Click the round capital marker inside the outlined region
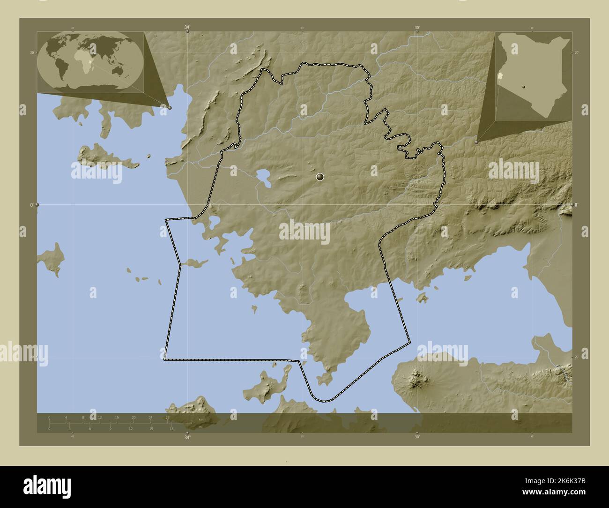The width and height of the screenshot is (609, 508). coord(320,177)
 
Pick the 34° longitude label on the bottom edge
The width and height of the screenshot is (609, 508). coord(187,438)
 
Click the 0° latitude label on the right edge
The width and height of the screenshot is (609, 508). coord(576,205)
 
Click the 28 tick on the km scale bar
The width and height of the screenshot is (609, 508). coord(168,417)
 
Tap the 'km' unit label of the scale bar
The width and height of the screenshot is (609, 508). coord(201,419)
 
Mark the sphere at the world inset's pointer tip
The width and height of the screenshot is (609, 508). coord(170,108)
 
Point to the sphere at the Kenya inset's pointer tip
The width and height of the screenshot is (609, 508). coord(477,141)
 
